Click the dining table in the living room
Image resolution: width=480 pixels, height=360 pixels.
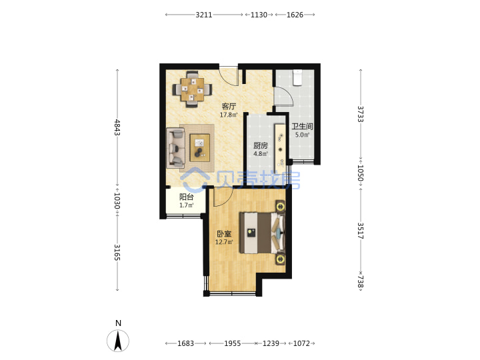[192, 89]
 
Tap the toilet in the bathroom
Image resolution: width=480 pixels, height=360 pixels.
[297, 77]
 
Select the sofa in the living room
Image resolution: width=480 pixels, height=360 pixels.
[176, 148]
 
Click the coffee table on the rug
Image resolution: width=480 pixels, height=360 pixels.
[199, 147]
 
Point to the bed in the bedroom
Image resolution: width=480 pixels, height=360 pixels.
[263, 233]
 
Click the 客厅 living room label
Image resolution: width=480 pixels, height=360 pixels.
[229, 107]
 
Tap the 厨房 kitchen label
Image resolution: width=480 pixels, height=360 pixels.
[261, 146]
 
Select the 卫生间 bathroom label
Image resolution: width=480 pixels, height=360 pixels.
[302, 127]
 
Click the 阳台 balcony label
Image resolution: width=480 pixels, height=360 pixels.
[187, 197]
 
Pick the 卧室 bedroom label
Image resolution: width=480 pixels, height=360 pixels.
[224, 234]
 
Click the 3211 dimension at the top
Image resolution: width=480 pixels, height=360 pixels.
[204, 15]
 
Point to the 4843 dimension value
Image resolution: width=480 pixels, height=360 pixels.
[117, 127]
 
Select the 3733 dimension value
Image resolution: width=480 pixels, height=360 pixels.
[361, 114]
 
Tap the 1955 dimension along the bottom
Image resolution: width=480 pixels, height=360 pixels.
[233, 343]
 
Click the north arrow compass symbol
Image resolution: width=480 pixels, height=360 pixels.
[118, 341]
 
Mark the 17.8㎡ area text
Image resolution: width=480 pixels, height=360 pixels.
[229, 115]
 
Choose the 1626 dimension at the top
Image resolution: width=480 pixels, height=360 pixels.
[295, 15]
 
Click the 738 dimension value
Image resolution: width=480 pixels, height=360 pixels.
[361, 281]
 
